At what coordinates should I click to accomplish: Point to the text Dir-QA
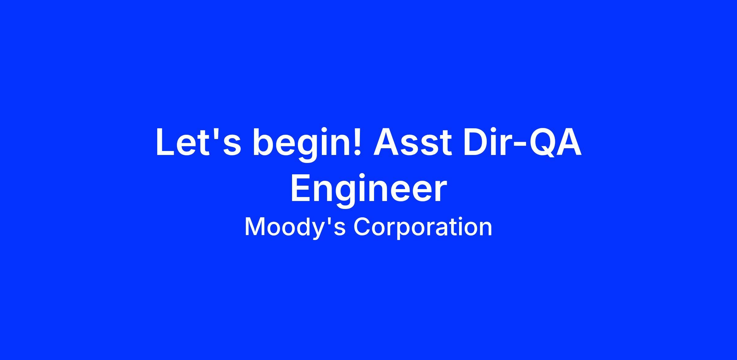pos(522,143)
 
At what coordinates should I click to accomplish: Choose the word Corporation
pos(423,227)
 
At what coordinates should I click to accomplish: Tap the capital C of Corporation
pos(363,226)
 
